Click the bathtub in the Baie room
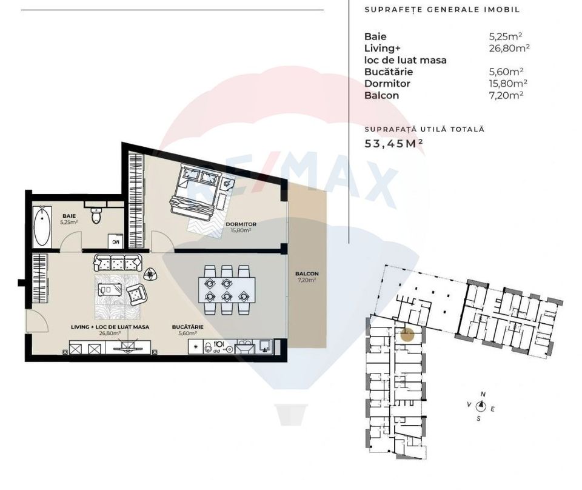(x=41, y=226)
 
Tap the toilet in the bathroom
(x=96, y=215)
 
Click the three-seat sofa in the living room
(x=118, y=263)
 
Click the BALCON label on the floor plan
(x=307, y=274)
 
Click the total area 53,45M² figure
(x=393, y=144)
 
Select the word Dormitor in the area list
(x=387, y=84)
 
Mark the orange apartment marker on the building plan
(x=408, y=333)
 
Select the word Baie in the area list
(x=375, y=36)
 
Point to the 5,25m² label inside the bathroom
(x=69, y=223)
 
